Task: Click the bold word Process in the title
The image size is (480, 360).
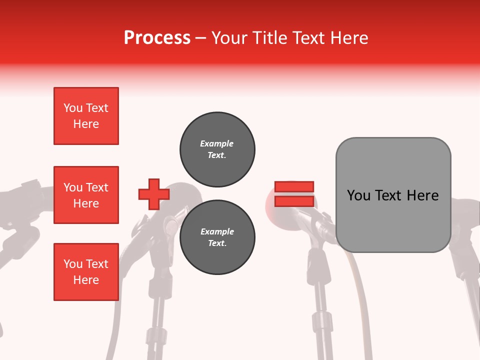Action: [x=157, y=38]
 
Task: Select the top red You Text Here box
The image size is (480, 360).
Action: [x=86, y=116]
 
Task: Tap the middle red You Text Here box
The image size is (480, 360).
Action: [x=86, y=195]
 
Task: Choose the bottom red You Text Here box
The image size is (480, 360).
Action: [x=86, y=272]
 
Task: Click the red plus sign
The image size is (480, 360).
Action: [x=153, y=194]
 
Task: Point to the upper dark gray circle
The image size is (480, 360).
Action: [x=217, y=149]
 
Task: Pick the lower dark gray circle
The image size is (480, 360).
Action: [x=217, y=237]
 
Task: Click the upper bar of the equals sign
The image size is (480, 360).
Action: [x=294, y=187]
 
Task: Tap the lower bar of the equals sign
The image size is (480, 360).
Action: [x=294, y=201]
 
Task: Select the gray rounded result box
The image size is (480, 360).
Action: [x=393, y=195]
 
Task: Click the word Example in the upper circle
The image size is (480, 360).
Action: [x=217, y=143]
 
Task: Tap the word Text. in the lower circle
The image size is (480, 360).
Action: [x=217, y=243]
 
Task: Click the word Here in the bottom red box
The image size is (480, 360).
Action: [x=86, y=280]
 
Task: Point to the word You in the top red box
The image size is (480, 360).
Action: [x=73, y=108]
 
